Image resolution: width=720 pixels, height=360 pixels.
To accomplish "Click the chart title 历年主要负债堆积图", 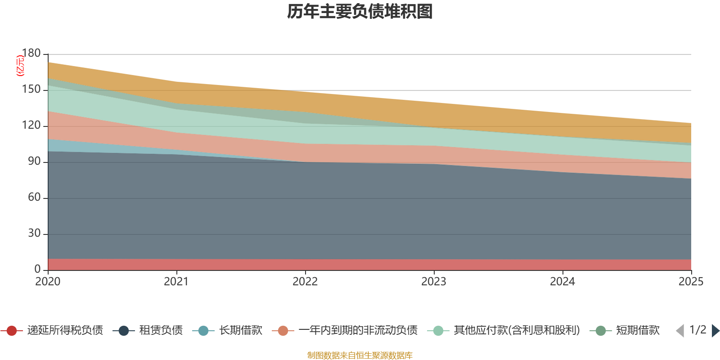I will tap(360, 12).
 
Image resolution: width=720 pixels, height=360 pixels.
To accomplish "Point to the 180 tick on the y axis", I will tap(31, 54).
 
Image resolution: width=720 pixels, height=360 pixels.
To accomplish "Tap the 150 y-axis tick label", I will tap(31, 90).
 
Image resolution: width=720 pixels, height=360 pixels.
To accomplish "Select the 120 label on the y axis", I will tap(31, 126).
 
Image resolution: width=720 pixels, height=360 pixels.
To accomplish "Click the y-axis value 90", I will tap(34, 162).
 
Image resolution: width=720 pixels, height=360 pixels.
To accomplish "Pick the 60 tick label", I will tap(34, 198).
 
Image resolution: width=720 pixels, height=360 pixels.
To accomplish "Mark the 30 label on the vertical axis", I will tap(34, 234).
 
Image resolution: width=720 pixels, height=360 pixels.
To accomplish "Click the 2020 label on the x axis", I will tap(48, 282).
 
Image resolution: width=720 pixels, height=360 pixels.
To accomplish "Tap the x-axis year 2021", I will tap(176, 282).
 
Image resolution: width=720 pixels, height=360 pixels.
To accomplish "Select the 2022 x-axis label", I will tap(305, 282).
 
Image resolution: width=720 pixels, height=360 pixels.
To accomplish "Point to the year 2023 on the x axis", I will tap(434, 282).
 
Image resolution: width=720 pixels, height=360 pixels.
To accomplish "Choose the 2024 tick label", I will tap(562, 282).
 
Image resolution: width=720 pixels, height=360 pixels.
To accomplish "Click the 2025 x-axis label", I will tap(691, 282).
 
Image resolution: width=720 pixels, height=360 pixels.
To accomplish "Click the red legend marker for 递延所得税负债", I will tap(12, 331).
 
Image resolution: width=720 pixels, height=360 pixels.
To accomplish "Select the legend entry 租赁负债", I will tap(161, 331).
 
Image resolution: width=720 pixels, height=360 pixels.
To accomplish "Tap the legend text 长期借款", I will tap(241, 331).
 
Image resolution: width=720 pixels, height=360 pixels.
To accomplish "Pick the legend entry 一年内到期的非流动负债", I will tap(358, 331).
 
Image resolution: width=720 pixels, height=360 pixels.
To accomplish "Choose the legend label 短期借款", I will tap(638, 331).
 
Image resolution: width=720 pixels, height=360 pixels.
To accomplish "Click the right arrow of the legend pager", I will tap(715, 331).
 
